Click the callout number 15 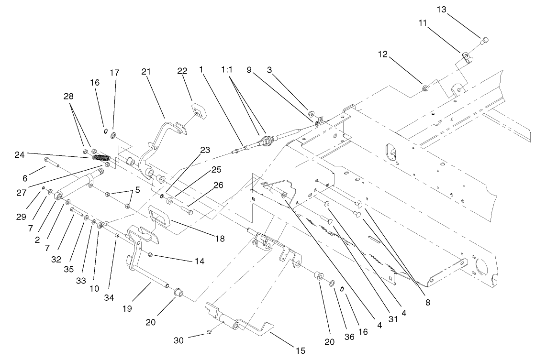pyautogui.click(x=300, y=351)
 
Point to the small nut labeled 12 pyautogui.click(x=425, y=87)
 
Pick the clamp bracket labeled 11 pyautogui.click(x=466, y=58)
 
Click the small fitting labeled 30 pyautogui.click(x=209, y=332)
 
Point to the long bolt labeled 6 pyautogui.click(x=51, y=163)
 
